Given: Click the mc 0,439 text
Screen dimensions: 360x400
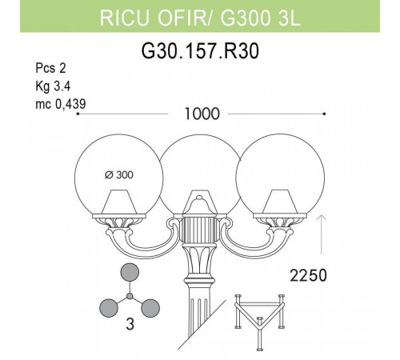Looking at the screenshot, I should [61, 102].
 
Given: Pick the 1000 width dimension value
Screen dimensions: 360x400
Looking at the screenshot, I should [201, 114].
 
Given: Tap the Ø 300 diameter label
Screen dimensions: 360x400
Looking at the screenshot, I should [118, 176].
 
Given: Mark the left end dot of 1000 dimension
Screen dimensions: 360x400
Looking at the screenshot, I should [77, 114].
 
